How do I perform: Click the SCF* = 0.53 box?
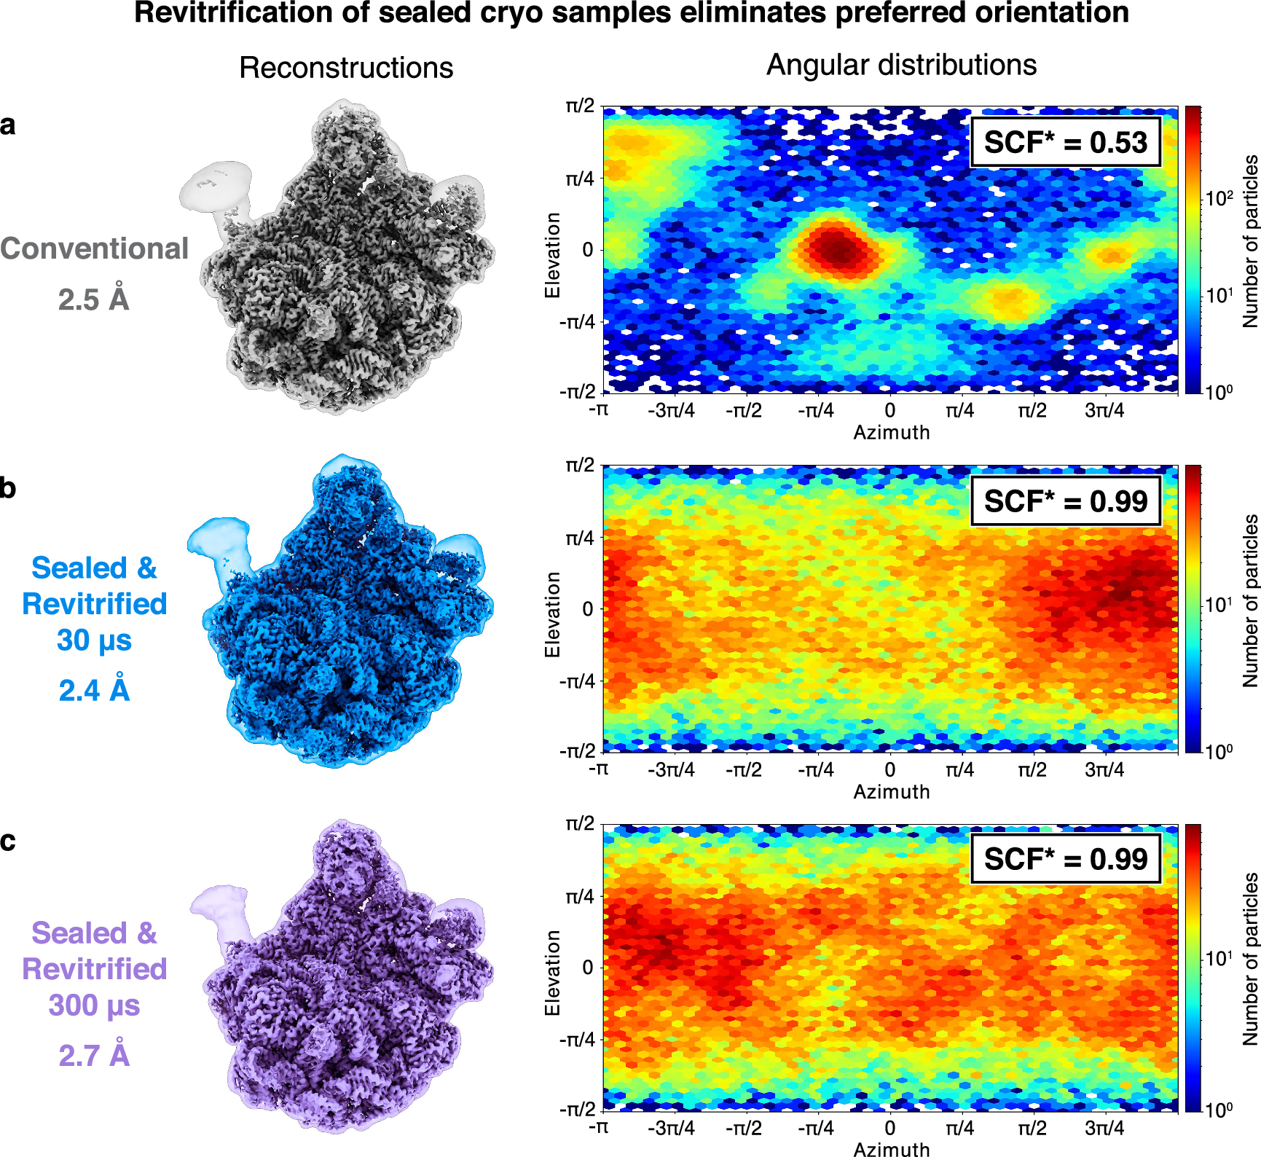(x=1065, y=142)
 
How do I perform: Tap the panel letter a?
(x=8, y=125)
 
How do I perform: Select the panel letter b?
(x=8, y=487)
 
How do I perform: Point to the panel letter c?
(x=8, y=841)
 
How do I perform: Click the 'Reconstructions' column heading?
(x=346, y=68)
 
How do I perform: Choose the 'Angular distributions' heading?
(x=901, y=65)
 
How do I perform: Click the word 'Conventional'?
(x=94, y=248)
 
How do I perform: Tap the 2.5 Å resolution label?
(x=93, y=299)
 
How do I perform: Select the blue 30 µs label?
(x=94, y=640)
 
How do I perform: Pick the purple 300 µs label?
(x=94, y=1005)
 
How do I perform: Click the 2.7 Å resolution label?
(x=94, y=1055)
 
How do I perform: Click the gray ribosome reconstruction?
(x=342, y=262)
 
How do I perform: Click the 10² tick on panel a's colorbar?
(x=1218, y=198)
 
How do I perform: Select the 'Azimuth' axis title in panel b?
(x=891, y=792)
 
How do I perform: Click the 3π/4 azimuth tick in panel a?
(x=1104, y=411)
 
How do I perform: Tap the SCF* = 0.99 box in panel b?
(x=1065, y=501)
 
